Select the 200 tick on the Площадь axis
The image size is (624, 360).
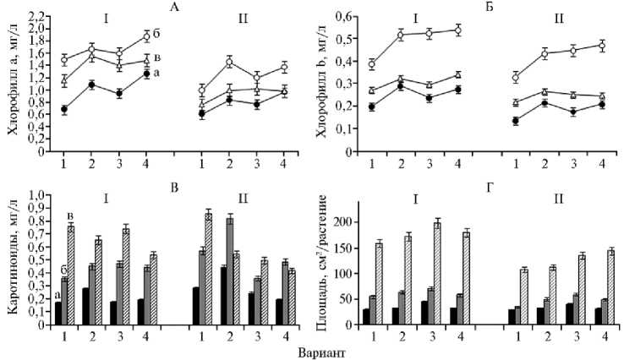(x=341, y=221)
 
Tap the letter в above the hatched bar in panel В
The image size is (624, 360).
(x=71, y=215)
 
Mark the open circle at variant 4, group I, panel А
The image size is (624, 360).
(x=145, y=36)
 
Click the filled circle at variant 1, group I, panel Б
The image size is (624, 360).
(x=372, y=106)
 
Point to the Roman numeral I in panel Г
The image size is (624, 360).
(x=416, y=200)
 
